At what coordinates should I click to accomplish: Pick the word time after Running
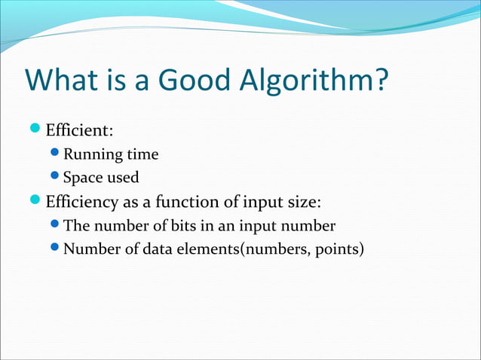(143, 155)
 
